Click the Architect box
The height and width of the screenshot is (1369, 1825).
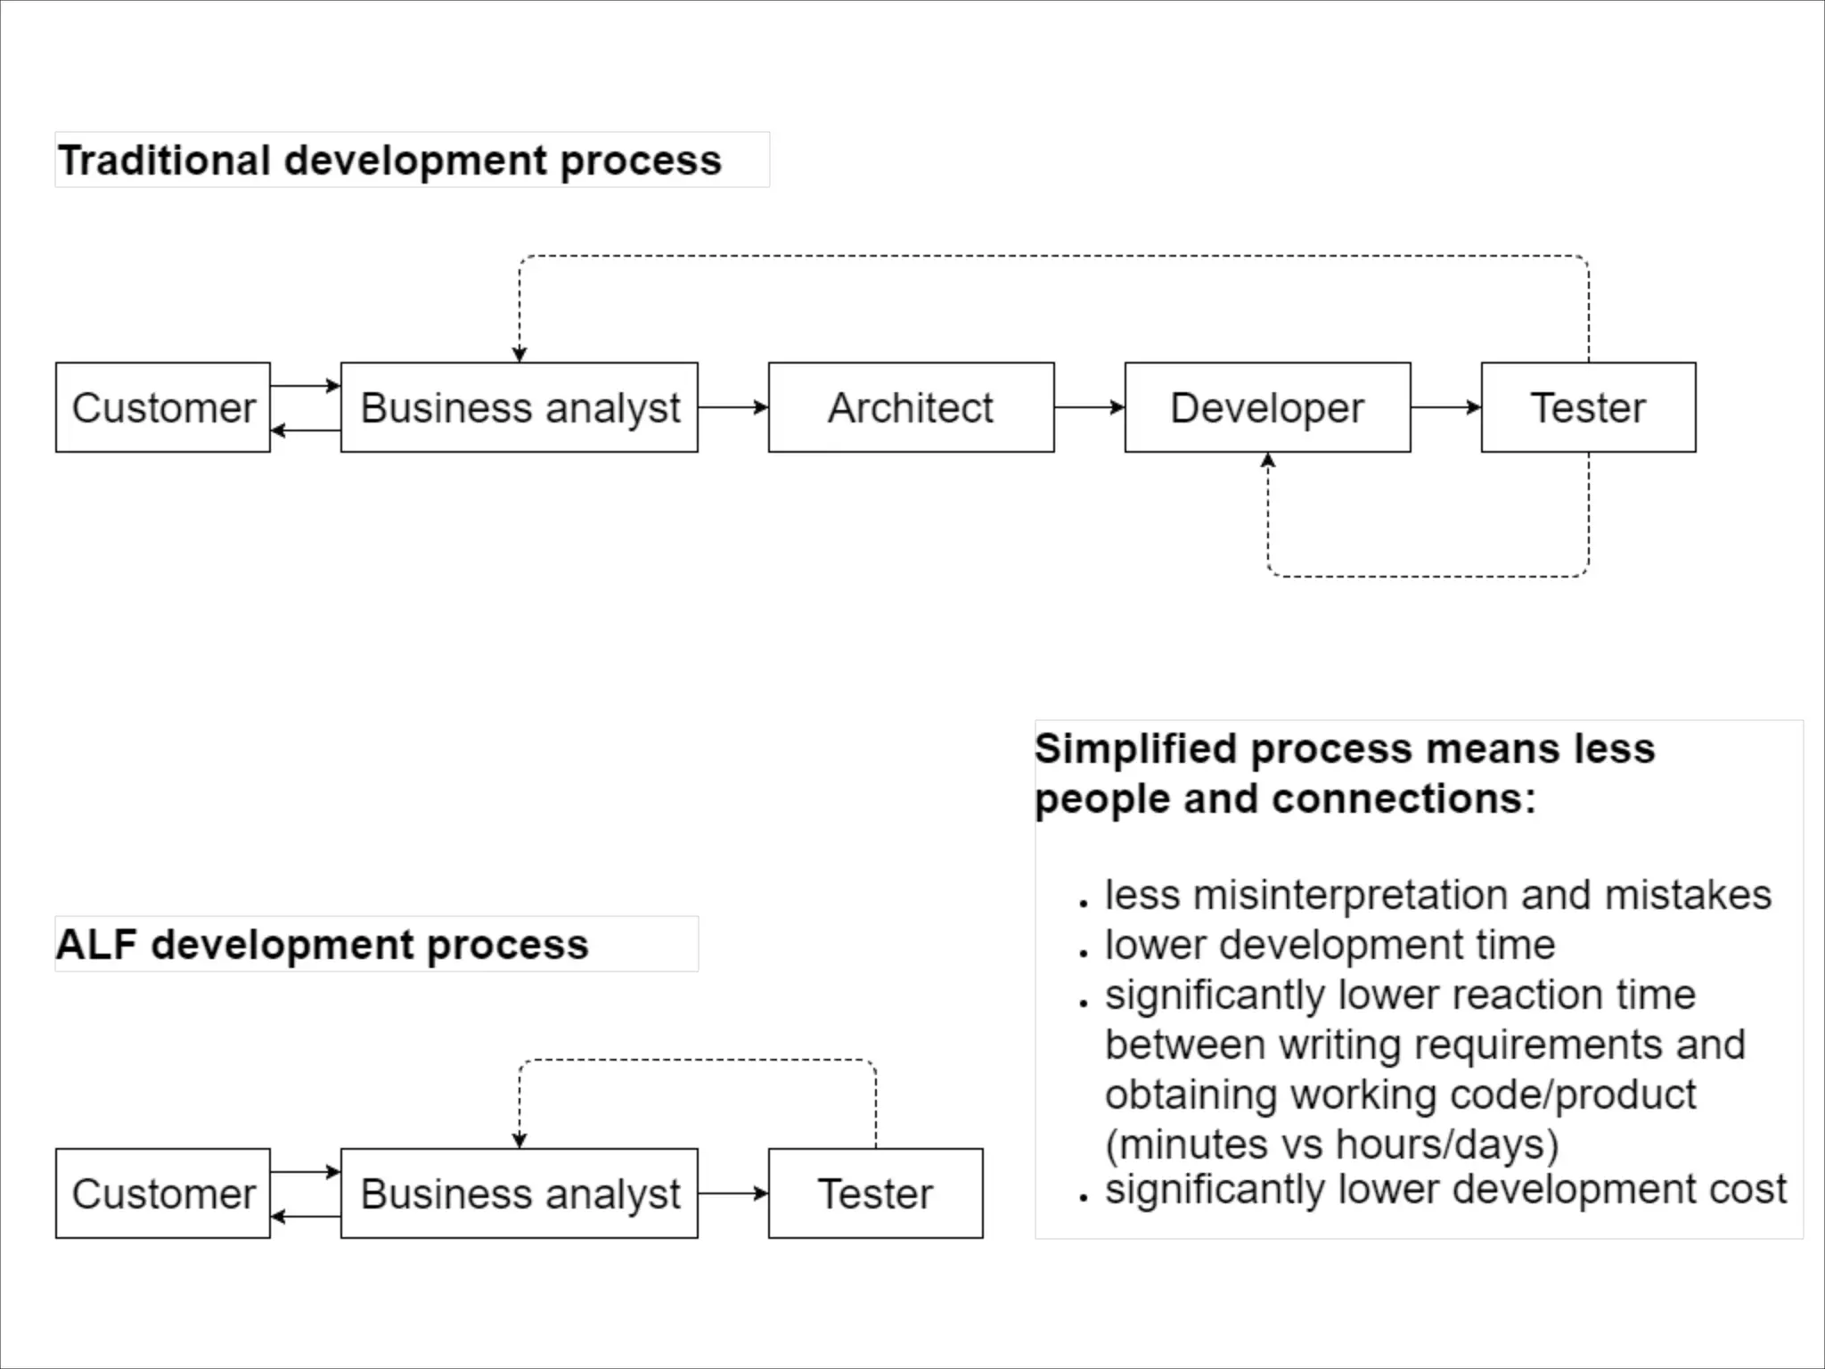tap(911, 407)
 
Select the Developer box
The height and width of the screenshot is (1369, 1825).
tap(1267, 407)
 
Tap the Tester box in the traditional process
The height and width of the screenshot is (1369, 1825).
tap(1588, 407)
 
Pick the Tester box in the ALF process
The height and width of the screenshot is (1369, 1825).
tap(875, 1193)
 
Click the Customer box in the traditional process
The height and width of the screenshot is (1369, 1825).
tap(163, 407)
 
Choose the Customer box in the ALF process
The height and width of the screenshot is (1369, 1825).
tap(163, 1193)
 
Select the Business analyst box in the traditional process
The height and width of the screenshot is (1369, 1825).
tap(520, 407)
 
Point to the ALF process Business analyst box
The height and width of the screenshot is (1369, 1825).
tap(520, 1193)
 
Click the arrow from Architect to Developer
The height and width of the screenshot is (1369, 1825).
tap(1089, 407)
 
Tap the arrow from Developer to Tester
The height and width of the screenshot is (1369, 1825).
tap(1445, 407)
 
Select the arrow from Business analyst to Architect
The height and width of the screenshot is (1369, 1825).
tap(732, 407)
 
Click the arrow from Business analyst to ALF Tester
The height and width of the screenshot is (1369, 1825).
tap(732, 1193)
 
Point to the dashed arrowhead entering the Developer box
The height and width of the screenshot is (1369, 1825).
tap(1267, 461)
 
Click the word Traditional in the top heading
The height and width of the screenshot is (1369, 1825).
tap(164, 161)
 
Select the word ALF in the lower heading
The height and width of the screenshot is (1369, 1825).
tap(97, 945)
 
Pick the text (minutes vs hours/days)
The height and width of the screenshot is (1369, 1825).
tap(1331, 1144)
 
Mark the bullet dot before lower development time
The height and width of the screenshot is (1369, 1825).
tap(1084, 953)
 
